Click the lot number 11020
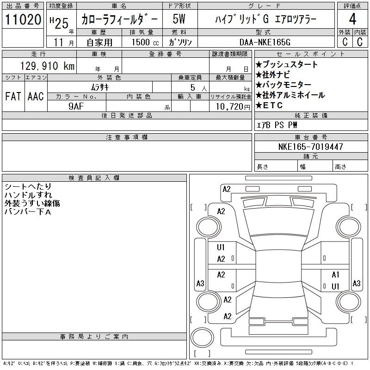[23, 19]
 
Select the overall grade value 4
[352, 19]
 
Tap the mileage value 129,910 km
[48, 66]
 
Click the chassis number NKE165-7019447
[310, 147]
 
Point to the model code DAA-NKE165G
[265, 42]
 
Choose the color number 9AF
[76, 106]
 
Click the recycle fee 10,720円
[233, 107]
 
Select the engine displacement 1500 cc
[145, 42]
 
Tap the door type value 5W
[179, 19]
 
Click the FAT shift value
[13, 96]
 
